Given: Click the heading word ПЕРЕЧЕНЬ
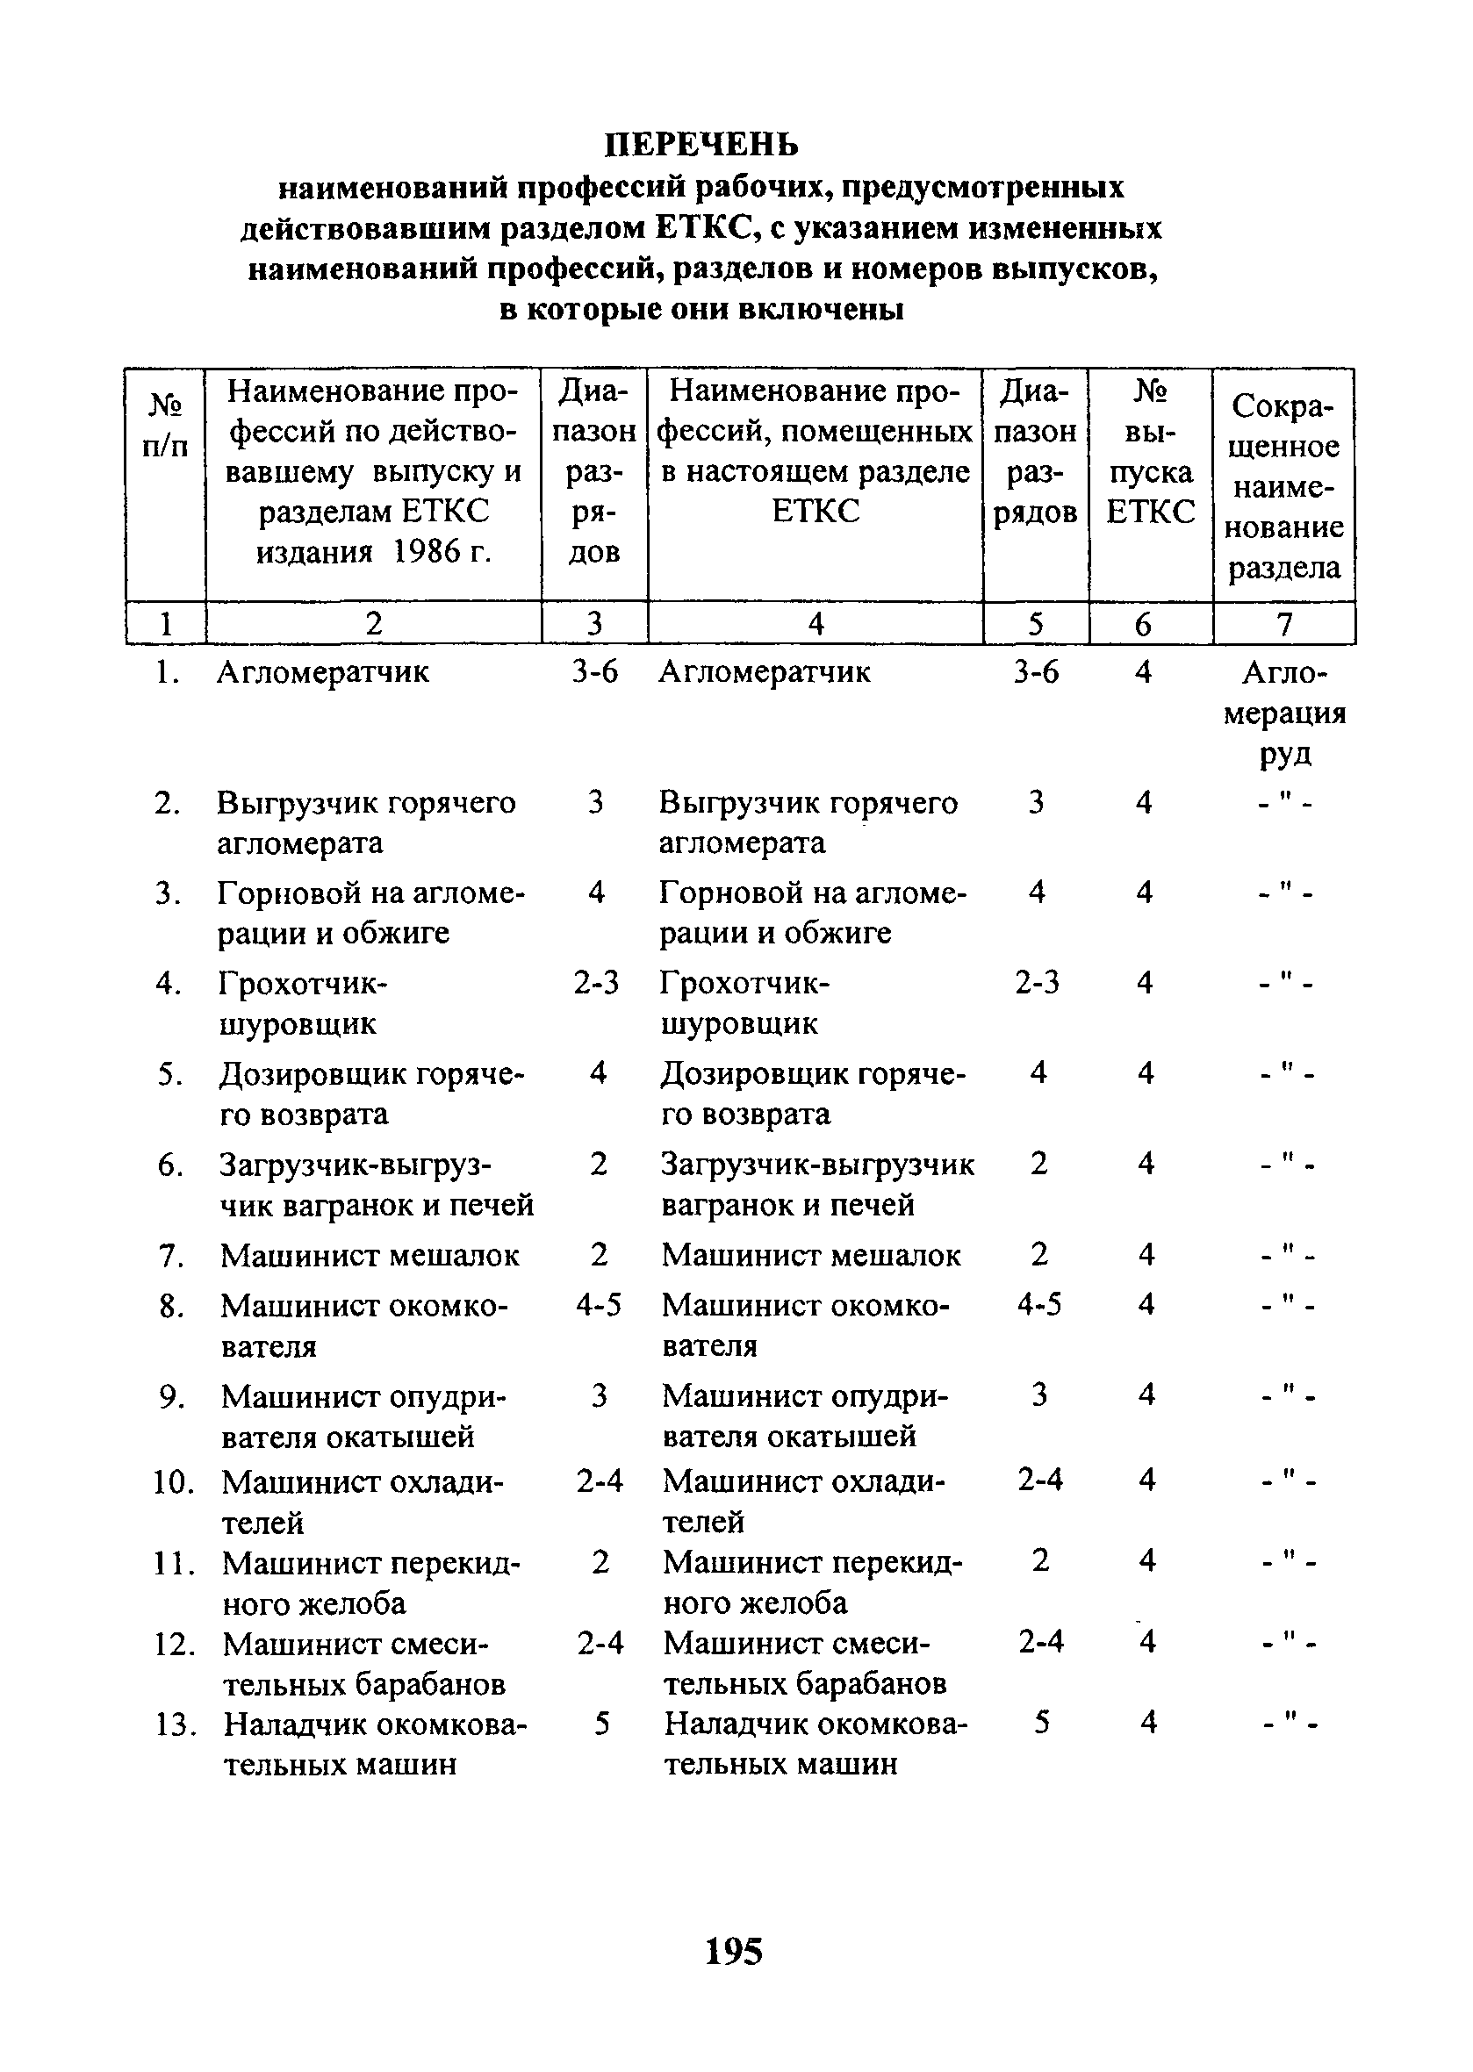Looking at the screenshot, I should coord(702,144).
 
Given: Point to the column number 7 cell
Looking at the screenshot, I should coord(1283,624).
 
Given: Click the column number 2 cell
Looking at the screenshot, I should coord(373,624).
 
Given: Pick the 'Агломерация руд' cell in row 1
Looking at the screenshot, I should coord(1284,713).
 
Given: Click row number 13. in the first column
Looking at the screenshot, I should coord(175,1724).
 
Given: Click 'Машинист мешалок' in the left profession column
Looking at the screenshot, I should coord(370,1256).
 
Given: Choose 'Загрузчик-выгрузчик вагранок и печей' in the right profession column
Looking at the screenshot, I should coord(817,1184).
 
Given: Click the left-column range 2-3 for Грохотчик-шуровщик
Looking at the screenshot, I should coord(596,983).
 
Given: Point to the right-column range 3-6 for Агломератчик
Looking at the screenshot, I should coord(1036,672).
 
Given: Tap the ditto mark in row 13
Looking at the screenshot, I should coord(1288,1724).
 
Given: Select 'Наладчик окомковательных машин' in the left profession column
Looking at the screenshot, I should coord(375,1744).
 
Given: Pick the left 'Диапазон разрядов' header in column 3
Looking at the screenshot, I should coord(594,471).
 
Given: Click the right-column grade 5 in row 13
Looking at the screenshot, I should coord(1042,1722).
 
